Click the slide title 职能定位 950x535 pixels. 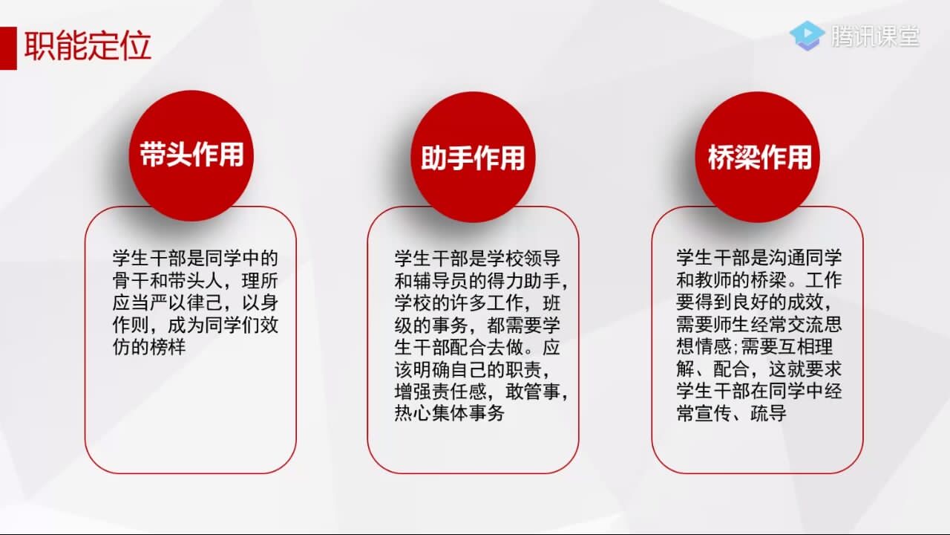88,46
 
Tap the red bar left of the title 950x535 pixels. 8,48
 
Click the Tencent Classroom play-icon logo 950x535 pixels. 807,36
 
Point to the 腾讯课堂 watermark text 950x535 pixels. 875,36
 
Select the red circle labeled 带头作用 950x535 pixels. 191,156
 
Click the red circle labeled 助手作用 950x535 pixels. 473,157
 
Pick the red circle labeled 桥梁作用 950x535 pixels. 758,157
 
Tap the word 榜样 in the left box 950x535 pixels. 168,347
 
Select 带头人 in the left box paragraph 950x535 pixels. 195,281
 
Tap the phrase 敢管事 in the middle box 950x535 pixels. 533,392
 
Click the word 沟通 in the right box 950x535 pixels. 787,258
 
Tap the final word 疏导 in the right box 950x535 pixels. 768,412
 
